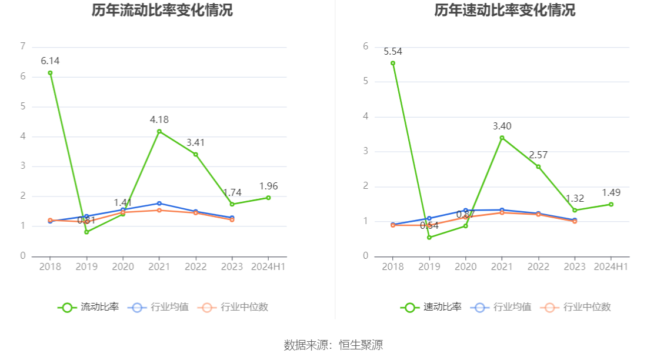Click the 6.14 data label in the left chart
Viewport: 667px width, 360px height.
pos(50,61)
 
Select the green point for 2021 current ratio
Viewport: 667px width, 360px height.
pos(159,131)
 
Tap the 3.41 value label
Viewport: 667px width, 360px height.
pos(196,142)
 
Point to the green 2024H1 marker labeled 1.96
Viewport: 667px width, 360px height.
pos(268,198)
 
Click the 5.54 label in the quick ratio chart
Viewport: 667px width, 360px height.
pos(393,51)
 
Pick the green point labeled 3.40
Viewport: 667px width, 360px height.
pos(502,138)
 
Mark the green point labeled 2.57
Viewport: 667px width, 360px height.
pos(538,166)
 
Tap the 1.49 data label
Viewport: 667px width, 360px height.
pos(611,192)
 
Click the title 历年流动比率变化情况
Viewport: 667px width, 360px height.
pos(162,10)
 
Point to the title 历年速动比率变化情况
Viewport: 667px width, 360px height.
pos(505,10)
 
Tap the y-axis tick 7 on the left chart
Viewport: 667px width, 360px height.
pos(22,46)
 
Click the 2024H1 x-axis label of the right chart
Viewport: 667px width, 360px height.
pos(611,266)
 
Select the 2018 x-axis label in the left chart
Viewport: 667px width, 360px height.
pos(50,266)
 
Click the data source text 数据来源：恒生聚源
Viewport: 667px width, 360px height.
pos(333,345)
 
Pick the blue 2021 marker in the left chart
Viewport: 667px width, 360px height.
pos(159,204)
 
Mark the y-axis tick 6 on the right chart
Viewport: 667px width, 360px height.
pos(365,46)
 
